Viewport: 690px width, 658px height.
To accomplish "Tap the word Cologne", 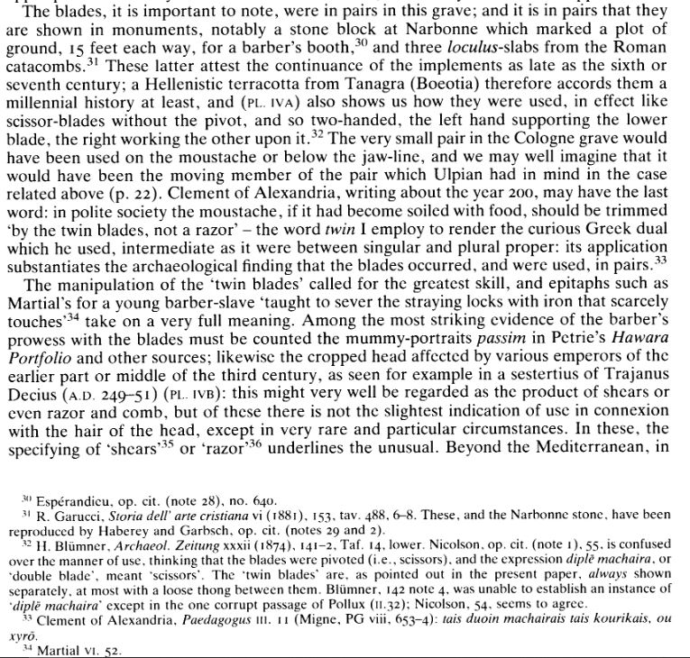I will tap(504, 168).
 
